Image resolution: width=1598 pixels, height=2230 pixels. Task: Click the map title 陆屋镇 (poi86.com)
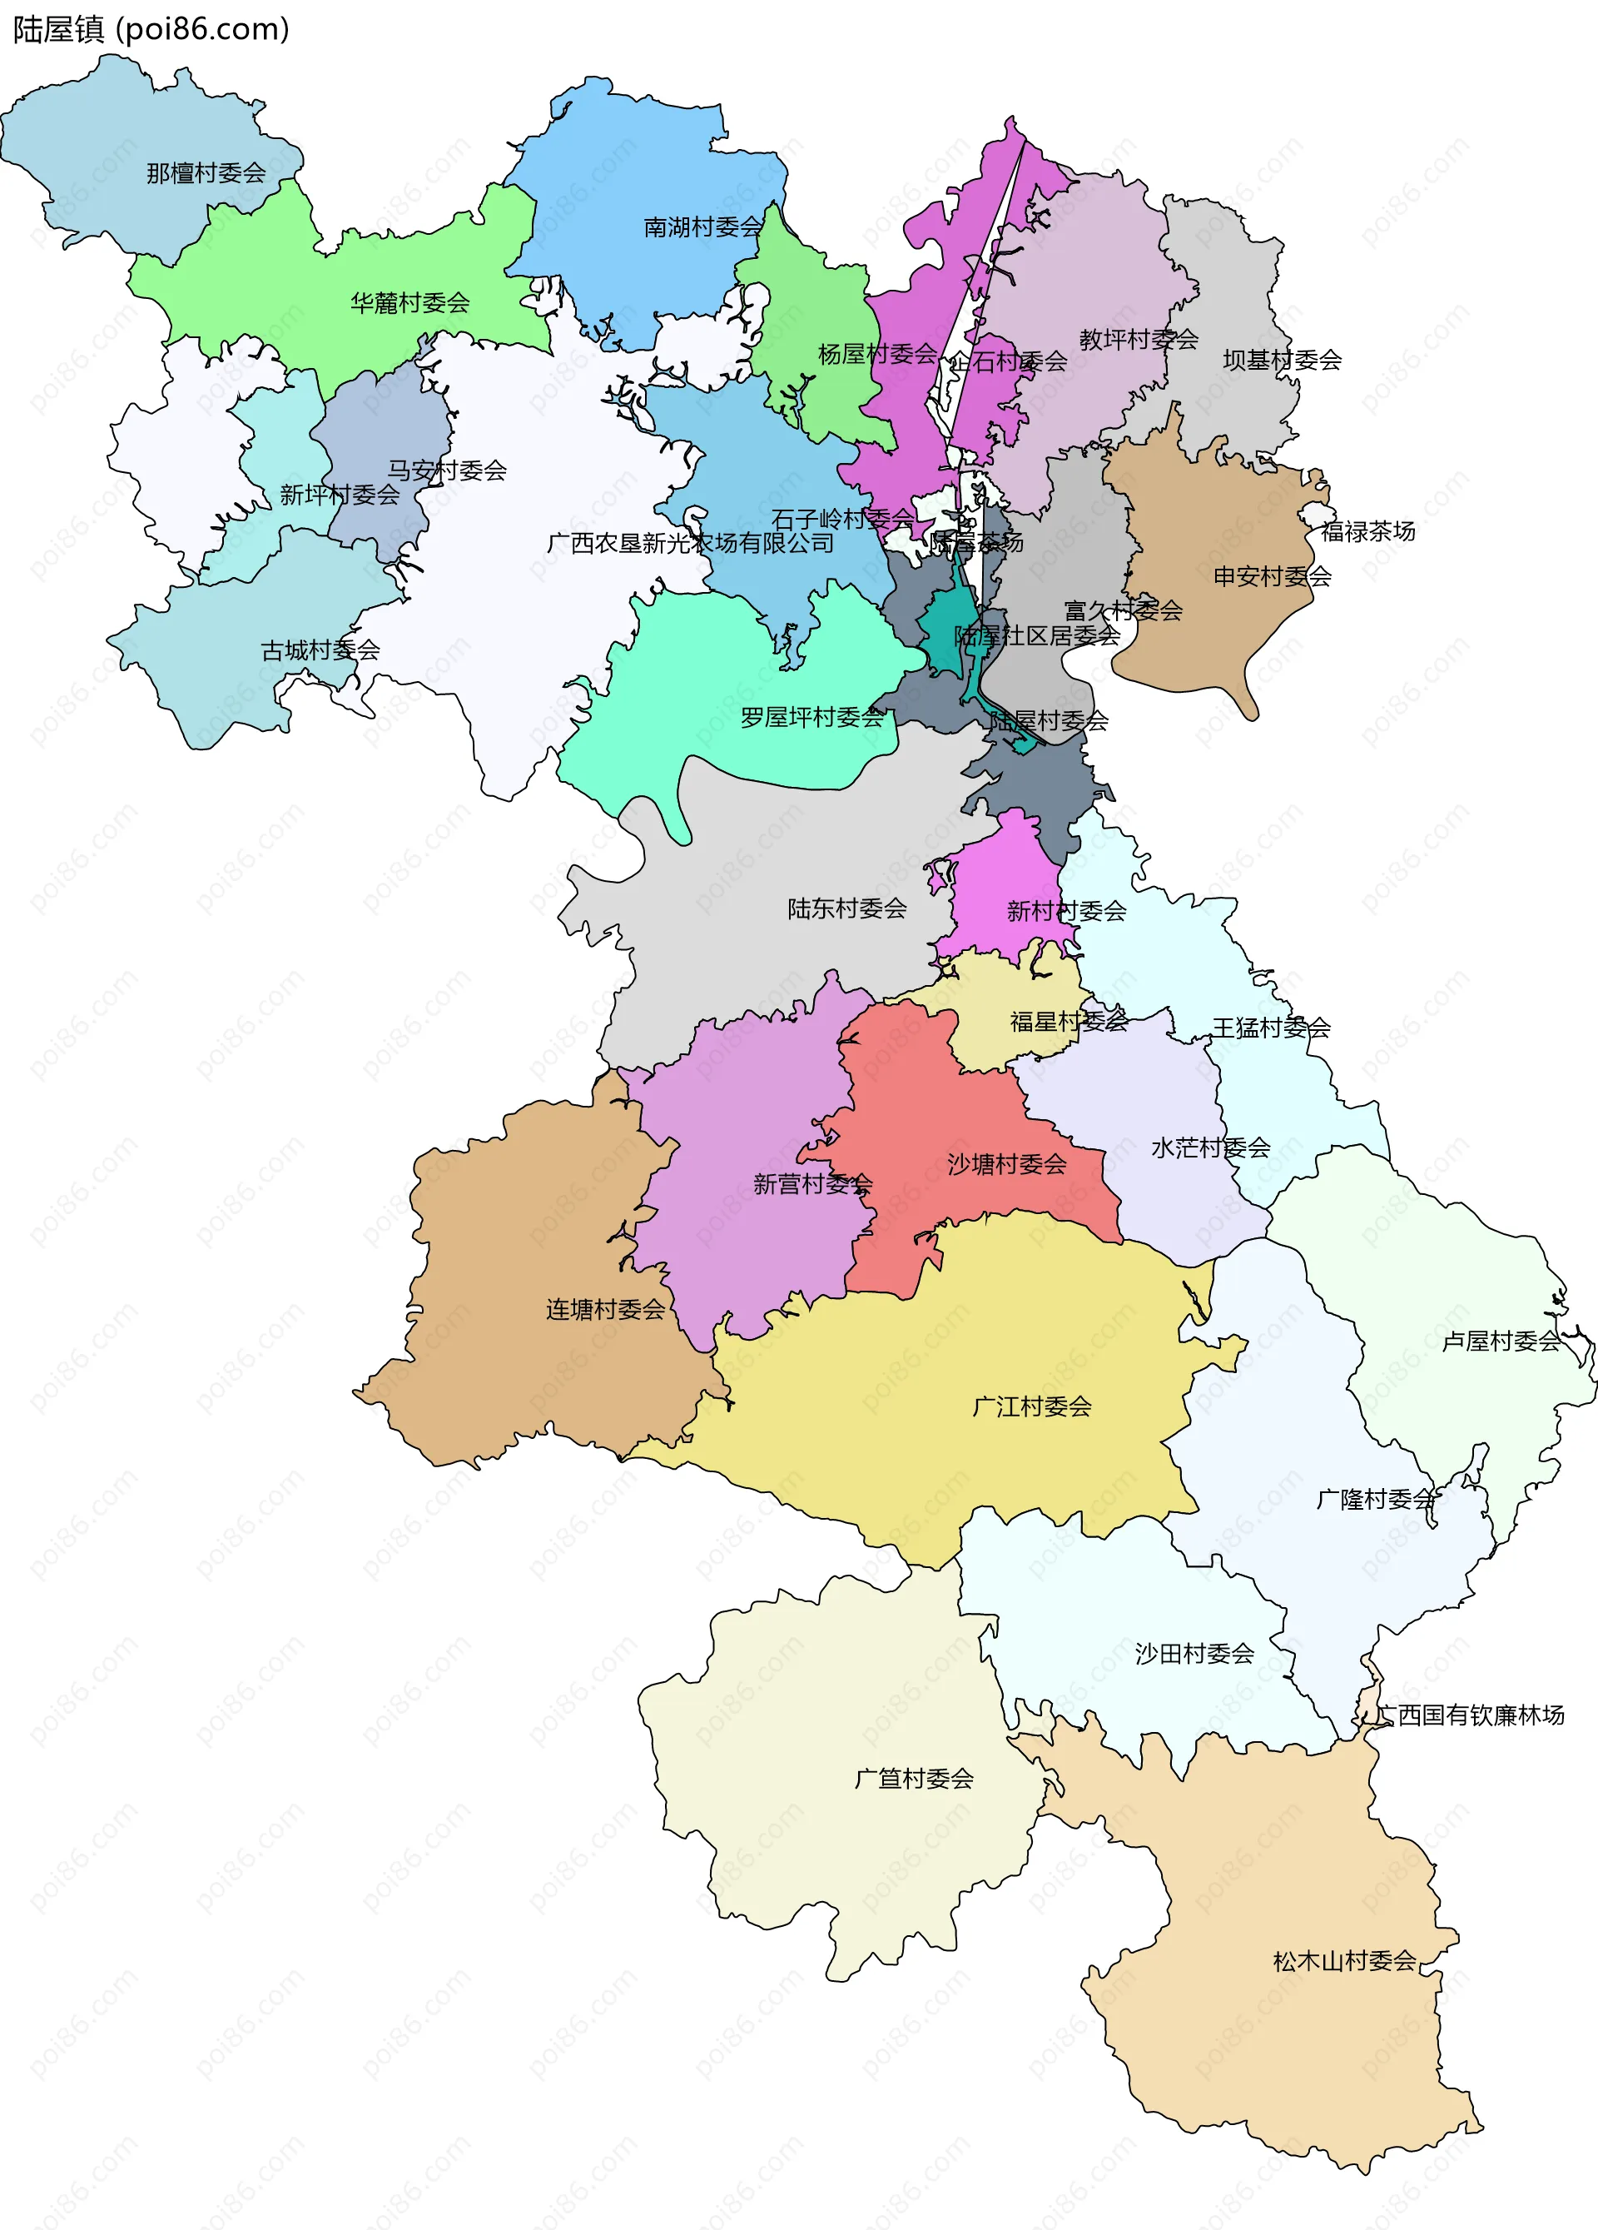tap(151, 29)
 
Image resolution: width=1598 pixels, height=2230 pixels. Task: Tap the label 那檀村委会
tap(206, 174)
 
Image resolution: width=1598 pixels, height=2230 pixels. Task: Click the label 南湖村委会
tap(702, 227)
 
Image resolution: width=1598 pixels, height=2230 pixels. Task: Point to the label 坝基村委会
tap(1282, 360)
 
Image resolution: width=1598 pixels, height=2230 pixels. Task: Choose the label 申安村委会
tap(1272, 576)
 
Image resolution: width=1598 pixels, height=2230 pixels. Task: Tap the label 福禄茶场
tap(1367, 532)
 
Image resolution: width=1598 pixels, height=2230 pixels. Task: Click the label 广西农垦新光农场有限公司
tap(690, 543)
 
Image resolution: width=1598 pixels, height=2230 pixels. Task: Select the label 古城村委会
tap(320, 650)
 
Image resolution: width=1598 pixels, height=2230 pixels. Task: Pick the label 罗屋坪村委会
tap(811, 718)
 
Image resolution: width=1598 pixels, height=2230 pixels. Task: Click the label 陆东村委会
tap(846, 908)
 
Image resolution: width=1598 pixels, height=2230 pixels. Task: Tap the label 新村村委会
tap(1066, 912)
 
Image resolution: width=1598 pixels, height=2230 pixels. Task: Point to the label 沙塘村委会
tap(1006, 1164)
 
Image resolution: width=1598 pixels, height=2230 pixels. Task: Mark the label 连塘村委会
tap(605, 1310)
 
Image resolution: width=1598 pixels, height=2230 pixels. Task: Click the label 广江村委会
tap(1032, 1407)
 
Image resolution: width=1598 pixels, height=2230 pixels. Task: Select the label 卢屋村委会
tap(1500, 1341)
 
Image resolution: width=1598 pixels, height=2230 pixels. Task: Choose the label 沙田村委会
tap(1194, 1654)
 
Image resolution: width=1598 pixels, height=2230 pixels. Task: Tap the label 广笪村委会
tap(914, 1779)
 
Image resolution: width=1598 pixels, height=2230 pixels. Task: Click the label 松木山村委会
tap(1344, 1962)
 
